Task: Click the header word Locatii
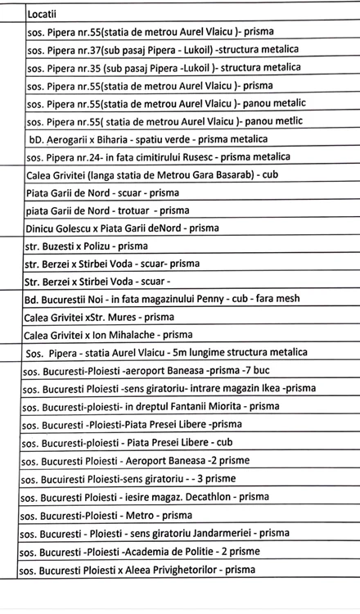click(x=42, y=14)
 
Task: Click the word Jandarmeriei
click(x=221, y=532)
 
